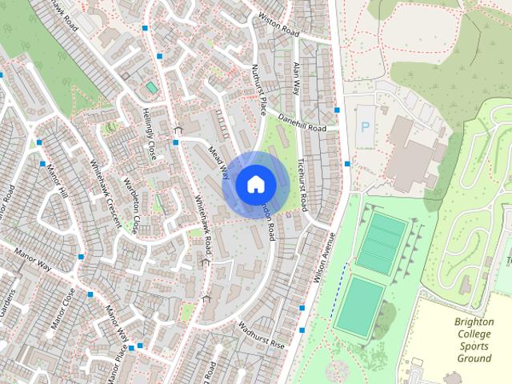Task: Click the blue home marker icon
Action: point(254,185)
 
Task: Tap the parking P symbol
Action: point(366,126)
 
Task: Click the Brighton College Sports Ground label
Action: point(474,341)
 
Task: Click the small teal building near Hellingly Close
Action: point(151,86)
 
